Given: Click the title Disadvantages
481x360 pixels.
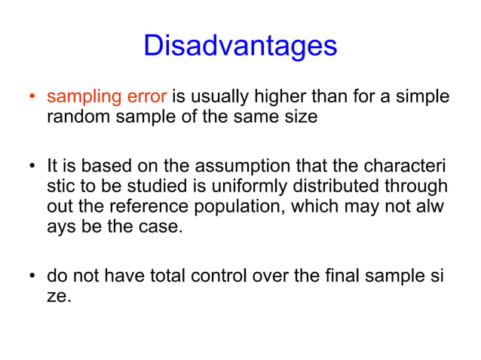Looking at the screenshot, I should coord(240,47).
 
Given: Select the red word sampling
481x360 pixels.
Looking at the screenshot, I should coord(81,98).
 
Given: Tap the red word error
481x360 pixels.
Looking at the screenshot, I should coord(146,97).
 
